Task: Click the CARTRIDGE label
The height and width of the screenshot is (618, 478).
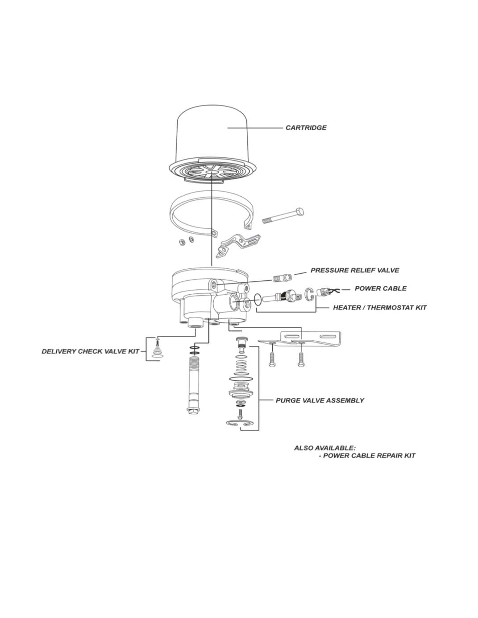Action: (306, 128)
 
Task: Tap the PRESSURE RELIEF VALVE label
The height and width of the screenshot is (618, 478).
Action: (354, 270)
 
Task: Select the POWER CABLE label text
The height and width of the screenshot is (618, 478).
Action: (380, 288)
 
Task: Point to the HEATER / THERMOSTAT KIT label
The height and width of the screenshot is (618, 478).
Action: (380, 307)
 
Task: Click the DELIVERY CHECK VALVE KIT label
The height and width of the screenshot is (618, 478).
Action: (91, 351)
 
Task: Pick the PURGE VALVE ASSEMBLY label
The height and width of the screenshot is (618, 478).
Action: (320, 400)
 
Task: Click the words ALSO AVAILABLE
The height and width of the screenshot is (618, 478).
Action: (324, 448)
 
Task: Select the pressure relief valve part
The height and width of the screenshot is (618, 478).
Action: (282, 277)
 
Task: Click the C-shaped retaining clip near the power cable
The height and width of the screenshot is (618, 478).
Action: (310, 294)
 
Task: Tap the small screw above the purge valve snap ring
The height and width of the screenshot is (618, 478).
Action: (240, 413)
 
